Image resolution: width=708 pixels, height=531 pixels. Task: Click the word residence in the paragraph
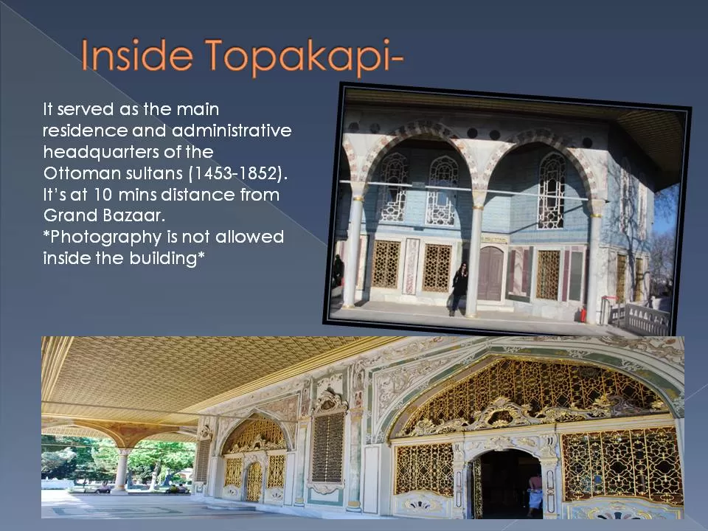coord(84,131)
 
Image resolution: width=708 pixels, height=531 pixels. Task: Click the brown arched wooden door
coord(490,273)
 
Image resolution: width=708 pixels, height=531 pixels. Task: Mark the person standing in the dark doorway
coord(535,490)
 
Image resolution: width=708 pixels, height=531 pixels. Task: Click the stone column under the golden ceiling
coord(120,471)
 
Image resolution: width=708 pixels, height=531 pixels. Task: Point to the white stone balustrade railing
coord(639,319)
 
